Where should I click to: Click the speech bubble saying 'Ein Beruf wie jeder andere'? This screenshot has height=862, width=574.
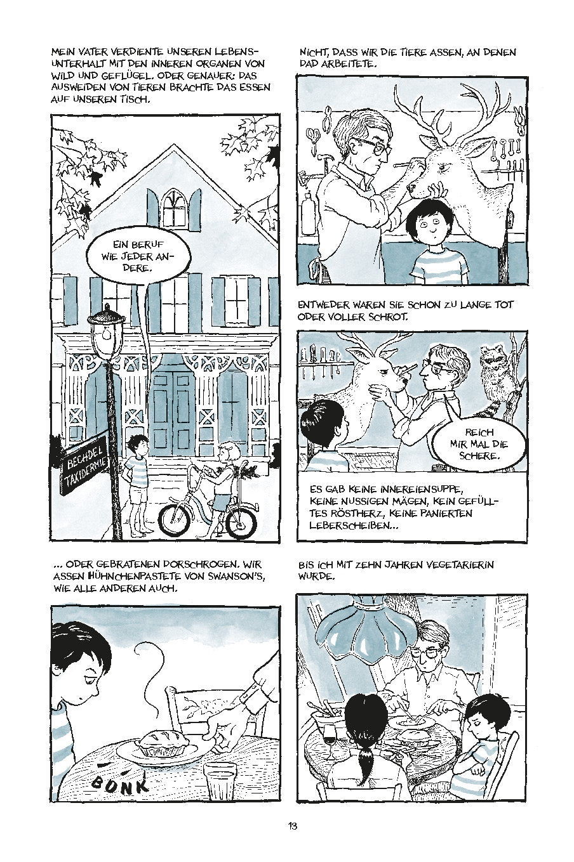tap(138, 256)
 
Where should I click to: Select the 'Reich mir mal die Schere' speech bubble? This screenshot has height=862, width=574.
tap(479, 445)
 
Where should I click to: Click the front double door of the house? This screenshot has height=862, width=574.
tap(172, 412)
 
